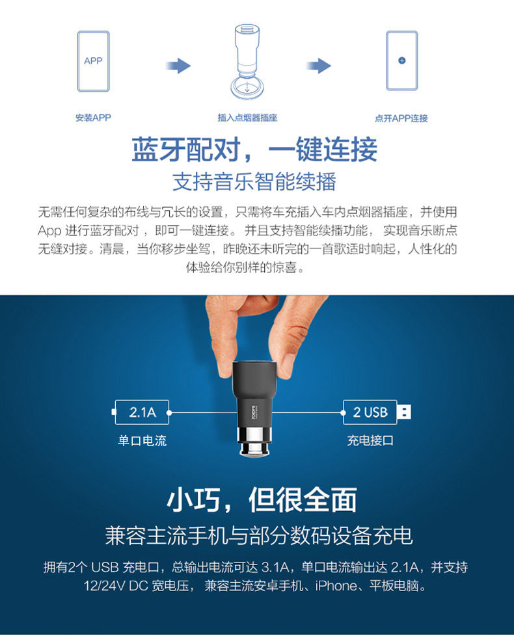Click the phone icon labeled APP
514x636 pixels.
coord(93,61)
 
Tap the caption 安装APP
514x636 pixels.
coord(93,118)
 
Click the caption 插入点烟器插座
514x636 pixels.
coord(247,118)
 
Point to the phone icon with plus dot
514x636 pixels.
coord(401,60)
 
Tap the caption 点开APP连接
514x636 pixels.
coord(401,118)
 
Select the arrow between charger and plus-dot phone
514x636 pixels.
coord(319,66)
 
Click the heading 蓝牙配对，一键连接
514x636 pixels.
coord(254,150)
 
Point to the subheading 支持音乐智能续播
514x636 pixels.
coord(254,181)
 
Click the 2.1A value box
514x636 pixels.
coord(142,412)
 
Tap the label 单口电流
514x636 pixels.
coord(142,441)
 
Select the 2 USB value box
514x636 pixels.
coord(370,412)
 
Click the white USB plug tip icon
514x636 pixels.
coord(404,412)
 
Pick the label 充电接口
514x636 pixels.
coord(370,441)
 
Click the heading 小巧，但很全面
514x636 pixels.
coord(262,500)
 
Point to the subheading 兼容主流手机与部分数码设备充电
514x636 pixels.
coord(258,536)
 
